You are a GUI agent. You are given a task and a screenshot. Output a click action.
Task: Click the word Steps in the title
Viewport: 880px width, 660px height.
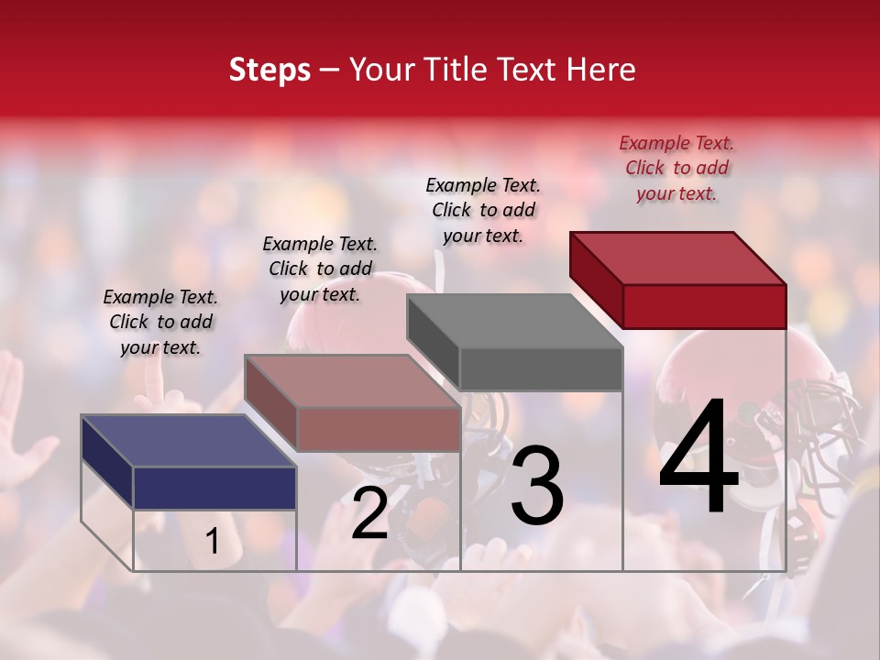(x=269, y=70)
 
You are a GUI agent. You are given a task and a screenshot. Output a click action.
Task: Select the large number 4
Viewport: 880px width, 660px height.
(x=698, y=458)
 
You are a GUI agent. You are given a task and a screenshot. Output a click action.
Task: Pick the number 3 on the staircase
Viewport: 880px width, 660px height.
(x=537, y=485)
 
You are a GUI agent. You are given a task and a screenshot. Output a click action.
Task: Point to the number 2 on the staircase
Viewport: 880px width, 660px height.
(x=369, y=514)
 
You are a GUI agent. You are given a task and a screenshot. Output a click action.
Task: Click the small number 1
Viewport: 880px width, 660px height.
(x=212, y=542)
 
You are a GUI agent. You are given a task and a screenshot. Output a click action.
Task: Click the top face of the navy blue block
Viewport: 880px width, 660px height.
(x=189, y=441)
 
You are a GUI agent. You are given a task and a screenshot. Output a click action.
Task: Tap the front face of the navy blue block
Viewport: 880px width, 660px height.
(x=214, y=488)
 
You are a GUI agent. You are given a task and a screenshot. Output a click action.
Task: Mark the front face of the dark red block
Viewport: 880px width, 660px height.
(x=704, y=306)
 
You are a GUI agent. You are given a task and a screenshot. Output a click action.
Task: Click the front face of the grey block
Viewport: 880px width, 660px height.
(x=541, y=369)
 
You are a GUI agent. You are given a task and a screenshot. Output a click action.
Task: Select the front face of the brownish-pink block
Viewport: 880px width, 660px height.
(x=378, y=429)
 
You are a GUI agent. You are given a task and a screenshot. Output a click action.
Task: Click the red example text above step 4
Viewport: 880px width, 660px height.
(x=676, y=168)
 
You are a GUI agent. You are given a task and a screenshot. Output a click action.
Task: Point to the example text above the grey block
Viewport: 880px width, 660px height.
(x=483, y=210)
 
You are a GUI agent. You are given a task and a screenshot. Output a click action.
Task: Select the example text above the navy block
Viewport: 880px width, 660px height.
(x=160, y=322)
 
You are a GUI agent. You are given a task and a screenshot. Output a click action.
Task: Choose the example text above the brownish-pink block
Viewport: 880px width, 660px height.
(x=320, y=269)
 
